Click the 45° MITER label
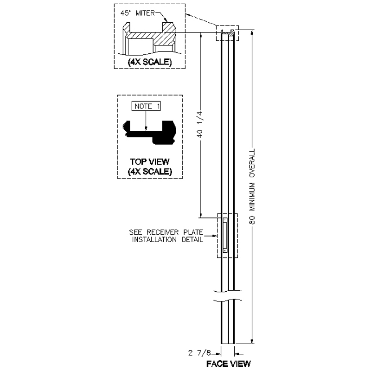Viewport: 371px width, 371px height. [137, 13]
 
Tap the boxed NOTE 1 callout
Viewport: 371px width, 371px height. [146, 106]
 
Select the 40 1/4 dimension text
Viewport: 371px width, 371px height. [200, 124]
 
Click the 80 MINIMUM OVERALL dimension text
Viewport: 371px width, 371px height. [252, 186]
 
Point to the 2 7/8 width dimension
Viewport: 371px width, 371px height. [199, 353]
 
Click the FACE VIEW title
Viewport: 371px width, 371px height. [228, 364]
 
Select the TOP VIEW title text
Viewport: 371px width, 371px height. [150, 161]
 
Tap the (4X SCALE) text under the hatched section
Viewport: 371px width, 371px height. [150, 62]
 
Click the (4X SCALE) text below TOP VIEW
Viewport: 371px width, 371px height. [150, 171]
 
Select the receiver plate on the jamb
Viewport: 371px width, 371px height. [225, 236]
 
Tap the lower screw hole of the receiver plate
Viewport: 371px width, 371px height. [225, 250]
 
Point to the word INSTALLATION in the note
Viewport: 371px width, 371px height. [154, 240]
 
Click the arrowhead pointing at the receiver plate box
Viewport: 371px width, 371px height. [215, 236]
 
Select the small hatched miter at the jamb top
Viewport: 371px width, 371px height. [232, 32]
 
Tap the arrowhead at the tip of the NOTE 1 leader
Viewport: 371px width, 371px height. [146, 128]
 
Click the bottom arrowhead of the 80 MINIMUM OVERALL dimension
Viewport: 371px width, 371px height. [252, 341]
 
